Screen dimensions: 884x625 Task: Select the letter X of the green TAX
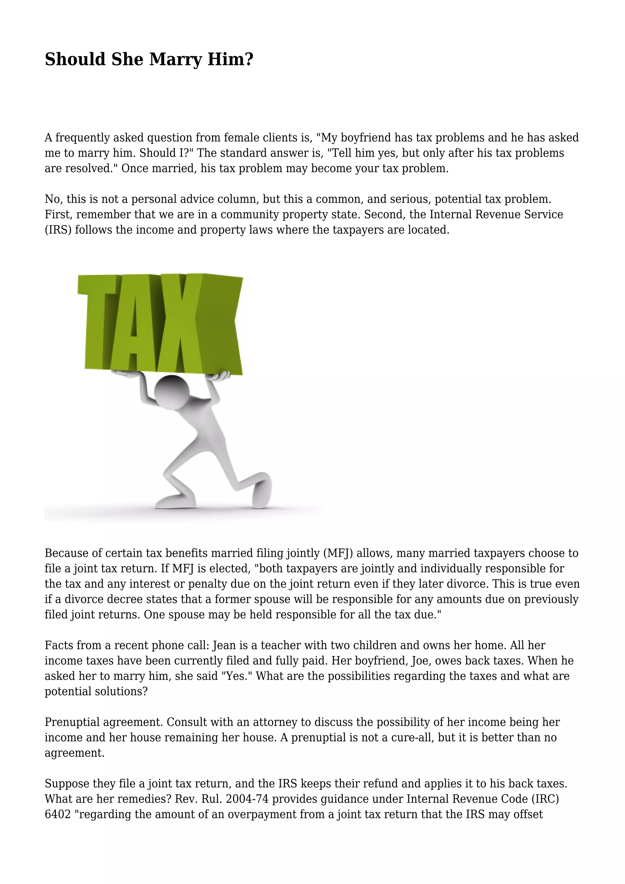(208, 324)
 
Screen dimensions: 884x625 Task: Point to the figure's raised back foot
(262, 491)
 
